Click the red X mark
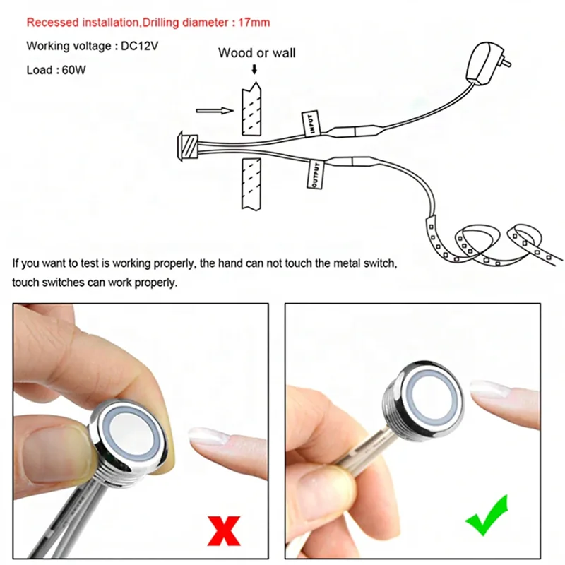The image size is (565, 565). coord(224,531)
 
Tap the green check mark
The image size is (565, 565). coord(487,516)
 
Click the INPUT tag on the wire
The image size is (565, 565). coord(311,124)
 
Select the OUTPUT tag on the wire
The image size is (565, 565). coord(315,174)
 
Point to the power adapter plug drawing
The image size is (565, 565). coord(487,62)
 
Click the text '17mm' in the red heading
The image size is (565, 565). coord(254,23)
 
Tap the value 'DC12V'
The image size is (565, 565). coord(139,46)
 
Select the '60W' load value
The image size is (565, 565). coord(74,69)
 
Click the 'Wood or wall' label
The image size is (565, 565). coord(256,53)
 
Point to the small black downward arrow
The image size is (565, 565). coord(254,69)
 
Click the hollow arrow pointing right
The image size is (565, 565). coord(215,111)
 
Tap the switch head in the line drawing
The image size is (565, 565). coord(188,146)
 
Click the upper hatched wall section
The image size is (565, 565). coord(251,109)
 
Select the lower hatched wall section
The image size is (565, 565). coord(251,184)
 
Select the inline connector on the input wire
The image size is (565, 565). coord(355,131)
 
